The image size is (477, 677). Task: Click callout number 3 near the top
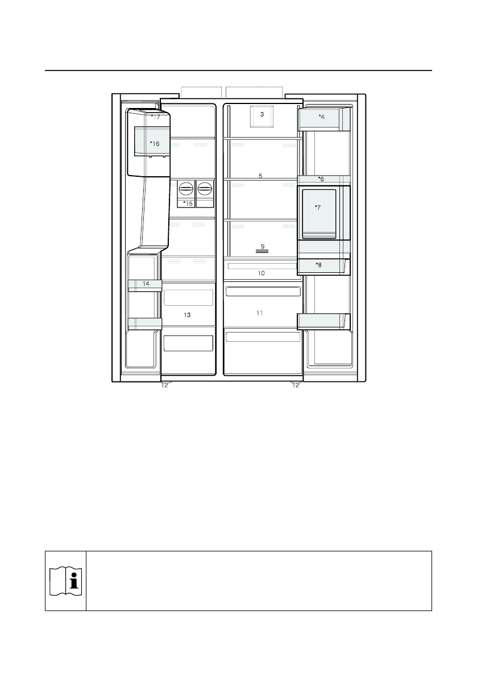pyautogui.click(x=262, y=114)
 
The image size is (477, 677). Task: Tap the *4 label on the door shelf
pyautogui.click(x=322, y=117)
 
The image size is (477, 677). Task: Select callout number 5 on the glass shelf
pyautogui.click(x=260, y=176)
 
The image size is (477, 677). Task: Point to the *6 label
pyautogui.click(x=321, y=178)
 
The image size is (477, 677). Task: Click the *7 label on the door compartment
pyautogui.click(x=318, y=207)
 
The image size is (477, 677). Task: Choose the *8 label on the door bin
pyautogui.click(x=318, y=265)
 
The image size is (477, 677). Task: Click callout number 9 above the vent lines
pyautogui.click(x=263, y=247)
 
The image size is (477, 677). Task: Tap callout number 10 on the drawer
pyautogui.click(x=261, y=273)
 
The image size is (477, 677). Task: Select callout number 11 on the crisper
pyautogui.click(x=259, y=313)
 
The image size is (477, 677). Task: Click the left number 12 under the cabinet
pyautogui.click(x=164, y=385)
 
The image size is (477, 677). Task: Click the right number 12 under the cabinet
pyautogui.click(x=296, y=385)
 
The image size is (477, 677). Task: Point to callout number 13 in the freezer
pyautogui.click(x=187, y=315)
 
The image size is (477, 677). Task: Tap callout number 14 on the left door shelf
pyautogui.click(x=146, y=284)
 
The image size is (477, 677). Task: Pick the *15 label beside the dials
pyautogui.click(x=188, y=203)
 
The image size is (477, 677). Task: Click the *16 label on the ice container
pyautogui.click(x=155, y=143)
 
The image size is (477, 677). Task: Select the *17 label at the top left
pyautogui.click(x=155, y=117)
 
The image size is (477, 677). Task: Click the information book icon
pyautogui.click(x=65, y=581)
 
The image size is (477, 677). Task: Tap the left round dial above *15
pyautogui.click(x=185, y=188)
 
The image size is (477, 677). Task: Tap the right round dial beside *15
pyautogui.click(x=205, y=188)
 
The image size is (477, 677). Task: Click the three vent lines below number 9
pyautogui.click(x=263, y=251)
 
